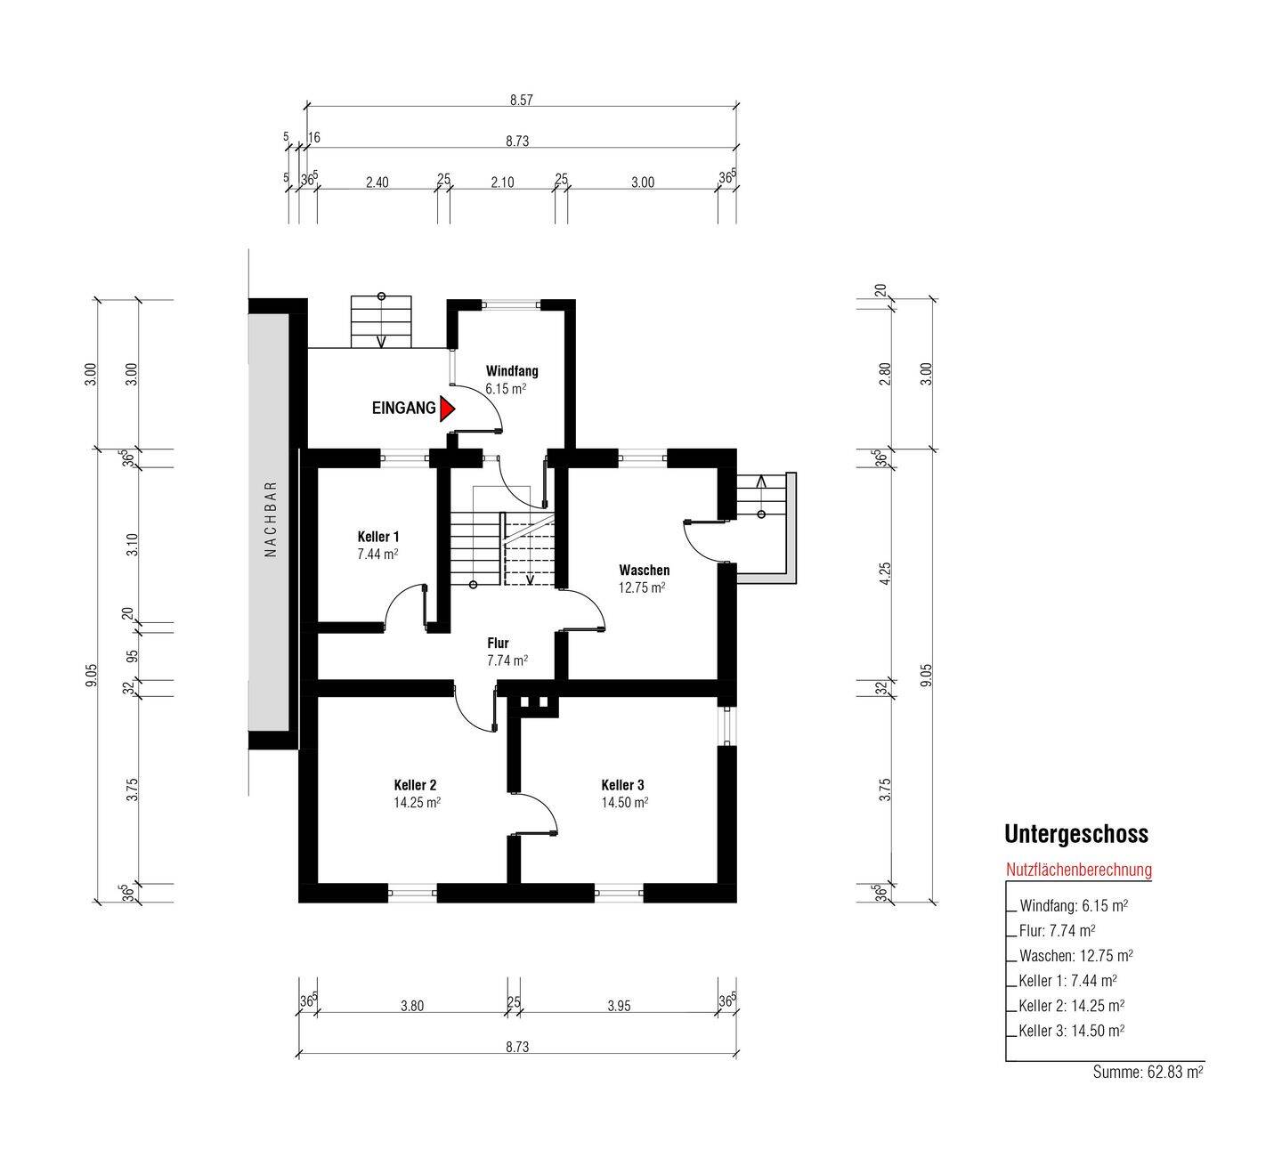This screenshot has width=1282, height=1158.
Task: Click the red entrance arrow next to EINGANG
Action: pyautogui.click(x=447, y=409)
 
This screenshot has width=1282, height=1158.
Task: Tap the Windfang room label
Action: pyautogui.click(x=512, y=370)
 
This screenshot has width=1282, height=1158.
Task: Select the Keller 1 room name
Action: pyautogui.click(x=378, y=537)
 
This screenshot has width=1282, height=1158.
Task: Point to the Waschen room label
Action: pyautogui.click(x=645, y=570)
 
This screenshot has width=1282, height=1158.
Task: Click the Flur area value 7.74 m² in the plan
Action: pyautogui.click(x=507, y=660)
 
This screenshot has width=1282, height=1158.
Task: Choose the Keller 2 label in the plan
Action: pyautogui.click(x=416, y=785)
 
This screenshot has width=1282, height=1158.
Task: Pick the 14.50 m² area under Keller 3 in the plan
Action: pyautogui.click(x=625, y=802)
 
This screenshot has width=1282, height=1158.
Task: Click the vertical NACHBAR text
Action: pyautogui.click(x=271, y=519)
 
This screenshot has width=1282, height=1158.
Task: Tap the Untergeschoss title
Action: pyautogui.click(x=1076, y=834)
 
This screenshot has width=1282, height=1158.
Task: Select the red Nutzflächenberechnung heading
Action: pyautogui.click(x=1079, y=870)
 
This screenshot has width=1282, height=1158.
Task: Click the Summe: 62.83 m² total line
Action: pyautogui.click(x=1148, y=1072)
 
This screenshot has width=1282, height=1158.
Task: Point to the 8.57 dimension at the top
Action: pyautogui.click(x=522, y=100)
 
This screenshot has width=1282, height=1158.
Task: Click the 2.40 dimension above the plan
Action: pyautogui.click(x=377, y=182)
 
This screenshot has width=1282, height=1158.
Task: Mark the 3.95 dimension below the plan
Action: pyautogui.click(x=620, y=1006)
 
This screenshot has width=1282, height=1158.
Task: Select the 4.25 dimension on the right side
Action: pyautogui.click(x=885, y=573)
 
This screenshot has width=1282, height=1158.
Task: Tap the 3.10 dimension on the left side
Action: pyautogui.click(x=133, y=545)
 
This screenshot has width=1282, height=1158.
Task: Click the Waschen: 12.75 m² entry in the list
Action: pyautogui.click(x=1076, y=956)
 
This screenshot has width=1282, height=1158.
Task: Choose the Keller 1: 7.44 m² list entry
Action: pyautogui.click(x=1068, y=981)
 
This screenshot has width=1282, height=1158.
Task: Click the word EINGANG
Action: pyautogui.click(x=404, y=408)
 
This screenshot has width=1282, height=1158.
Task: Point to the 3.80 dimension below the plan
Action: pyautogui.click(x=412, y=1006)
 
